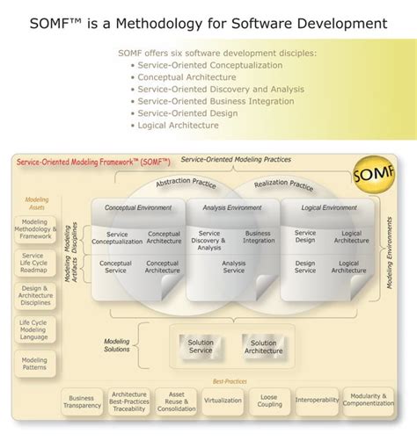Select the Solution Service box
[x=201, y=347]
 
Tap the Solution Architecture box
[x=264, y=347]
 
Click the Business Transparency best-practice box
[x=83, y=401]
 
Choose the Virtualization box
[x=223, y=401]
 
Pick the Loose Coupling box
[x=269, y=401]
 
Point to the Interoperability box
[x=317, y=401]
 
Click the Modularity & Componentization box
[x=368, y=401]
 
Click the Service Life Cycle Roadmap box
[x=34, y=262]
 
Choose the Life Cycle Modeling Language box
[x=34, y=329]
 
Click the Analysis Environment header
[x=231, y=208]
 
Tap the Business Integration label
[x=258, y=238]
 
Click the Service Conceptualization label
[x=117, y=238]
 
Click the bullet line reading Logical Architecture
[x=181, y=126]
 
